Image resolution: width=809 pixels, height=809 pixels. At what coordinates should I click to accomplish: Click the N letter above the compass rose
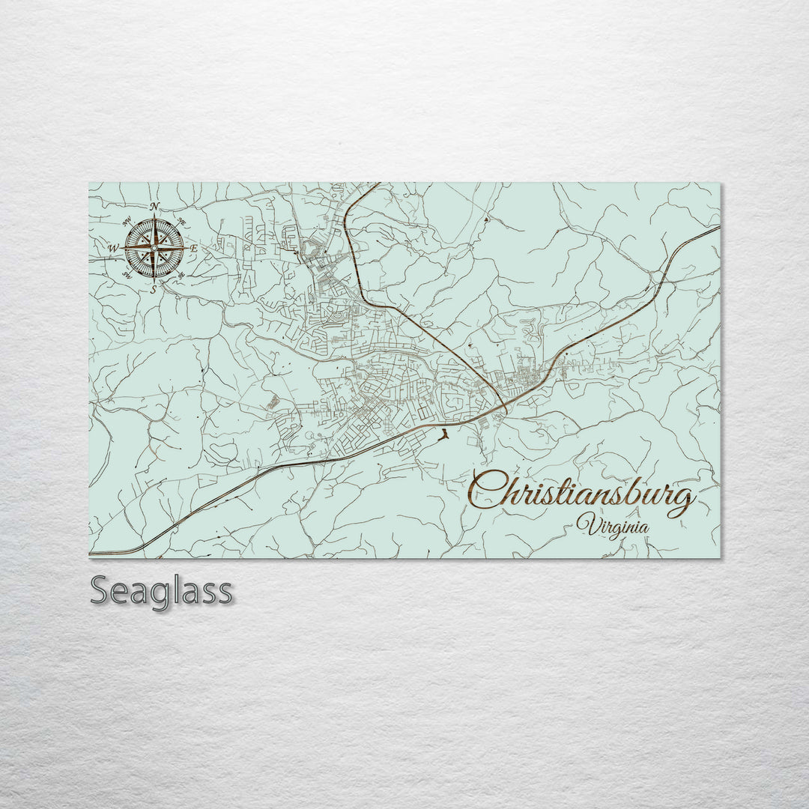[154, 206]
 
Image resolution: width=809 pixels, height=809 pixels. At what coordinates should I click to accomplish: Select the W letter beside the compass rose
[114, 248]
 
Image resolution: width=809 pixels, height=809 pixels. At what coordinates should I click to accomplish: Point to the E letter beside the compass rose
[193, 248]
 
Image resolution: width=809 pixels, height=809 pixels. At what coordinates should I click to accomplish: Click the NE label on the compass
[182, 219]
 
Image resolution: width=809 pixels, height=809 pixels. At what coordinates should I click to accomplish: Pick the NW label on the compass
[127, 220]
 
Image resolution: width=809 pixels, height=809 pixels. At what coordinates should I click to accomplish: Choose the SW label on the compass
[127, 276]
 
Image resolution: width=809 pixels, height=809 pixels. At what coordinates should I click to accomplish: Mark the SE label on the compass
[182, 275]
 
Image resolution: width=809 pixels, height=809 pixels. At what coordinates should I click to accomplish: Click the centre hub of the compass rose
[154, 247]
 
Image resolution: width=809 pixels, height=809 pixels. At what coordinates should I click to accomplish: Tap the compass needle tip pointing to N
[154, 215]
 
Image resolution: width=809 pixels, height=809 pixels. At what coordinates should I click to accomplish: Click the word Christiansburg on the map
[582, 495]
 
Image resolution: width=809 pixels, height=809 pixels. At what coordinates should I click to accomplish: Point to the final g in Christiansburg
[682, 500]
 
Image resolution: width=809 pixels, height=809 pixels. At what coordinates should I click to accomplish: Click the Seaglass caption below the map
[161, 591]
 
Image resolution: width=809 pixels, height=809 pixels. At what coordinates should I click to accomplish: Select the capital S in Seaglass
[102, 590]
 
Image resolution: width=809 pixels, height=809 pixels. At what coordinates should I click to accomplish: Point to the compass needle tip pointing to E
[185, 247]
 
